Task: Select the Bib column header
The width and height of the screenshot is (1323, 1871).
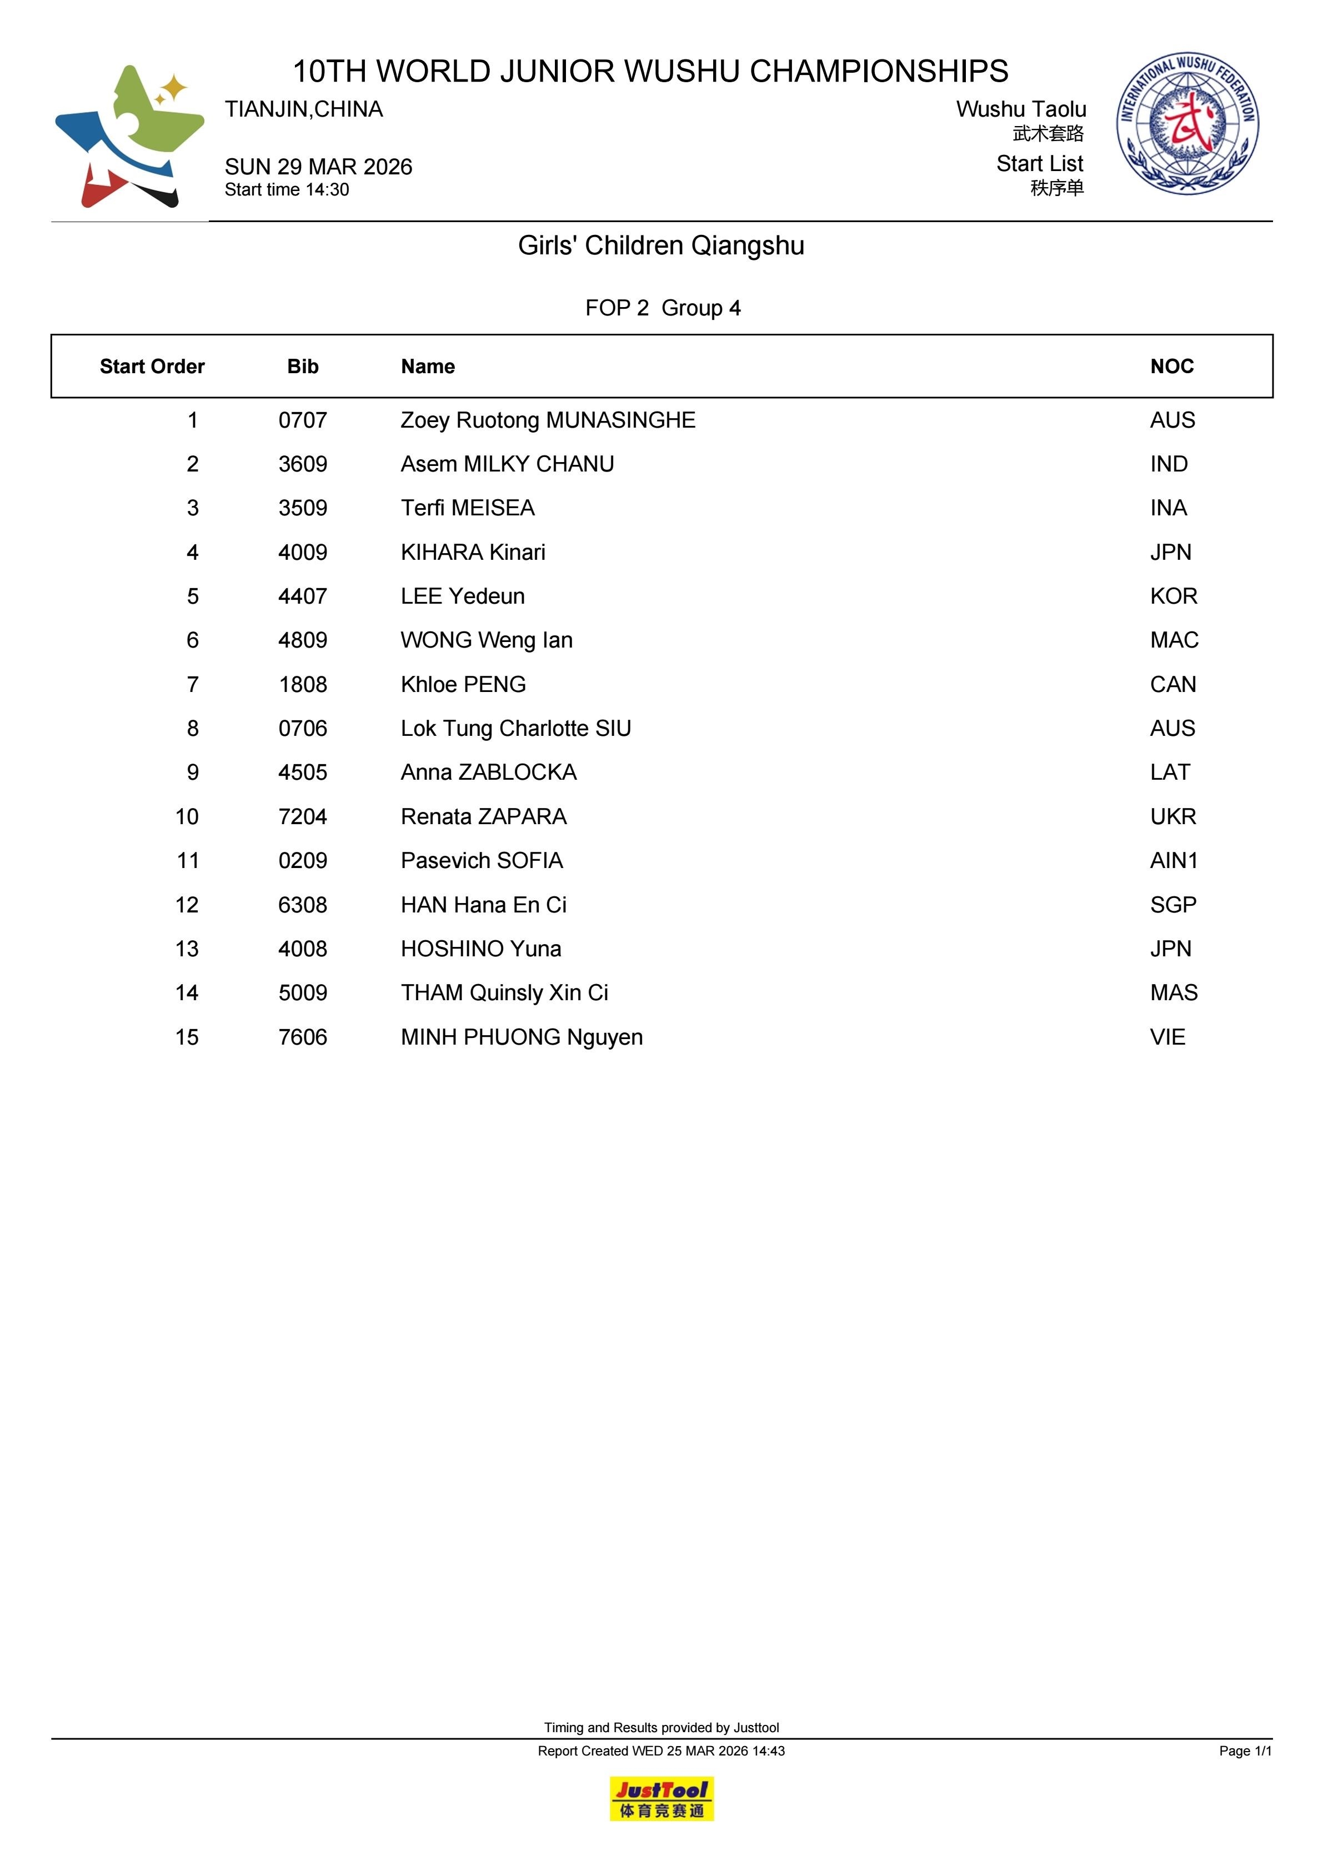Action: pos(302,367)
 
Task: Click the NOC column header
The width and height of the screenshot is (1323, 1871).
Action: pos(1171,367)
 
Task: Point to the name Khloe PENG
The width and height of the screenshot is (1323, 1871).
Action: pos(463,685)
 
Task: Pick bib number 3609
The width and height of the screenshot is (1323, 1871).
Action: pos(302,464)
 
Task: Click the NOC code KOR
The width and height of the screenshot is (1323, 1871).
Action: pos(1173,596)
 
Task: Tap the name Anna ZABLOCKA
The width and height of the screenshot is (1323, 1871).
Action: pos(488,773)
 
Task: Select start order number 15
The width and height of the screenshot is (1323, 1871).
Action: pos(187,1037)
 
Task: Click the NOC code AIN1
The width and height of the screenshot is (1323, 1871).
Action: pos(1173,861)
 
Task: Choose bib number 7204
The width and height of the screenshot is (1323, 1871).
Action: pos(302,816)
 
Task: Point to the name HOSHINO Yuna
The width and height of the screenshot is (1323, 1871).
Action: pos(481,949)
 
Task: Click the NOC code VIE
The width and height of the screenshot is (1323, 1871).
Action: pos(1167,1037)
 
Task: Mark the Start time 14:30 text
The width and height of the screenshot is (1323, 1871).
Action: pos(287,190)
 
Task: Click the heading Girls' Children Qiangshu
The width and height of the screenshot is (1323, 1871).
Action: pos(661,245)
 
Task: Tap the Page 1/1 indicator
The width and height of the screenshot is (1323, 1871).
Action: pos(1245,1750)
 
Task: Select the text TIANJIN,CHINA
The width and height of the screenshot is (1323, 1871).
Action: pos(304,109)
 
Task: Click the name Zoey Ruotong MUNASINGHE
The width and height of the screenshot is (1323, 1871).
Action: pos(548,420)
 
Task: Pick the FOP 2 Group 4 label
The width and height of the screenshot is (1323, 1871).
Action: pos(663,308)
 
